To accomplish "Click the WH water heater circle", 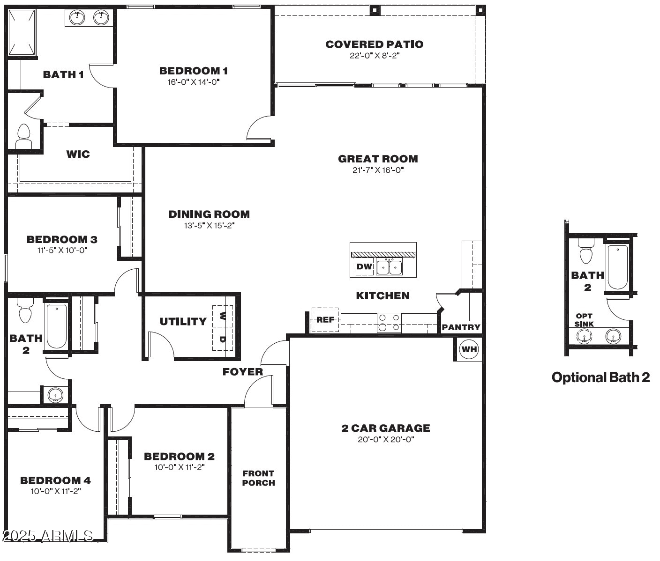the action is point(469,349).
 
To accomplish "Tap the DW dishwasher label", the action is point(364,266).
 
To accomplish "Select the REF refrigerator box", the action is point(325,319).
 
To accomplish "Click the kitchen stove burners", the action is point(389,323).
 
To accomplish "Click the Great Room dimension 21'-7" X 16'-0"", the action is point(378,170).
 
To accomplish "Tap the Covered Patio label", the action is point(375,44).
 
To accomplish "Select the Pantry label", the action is point(461,327).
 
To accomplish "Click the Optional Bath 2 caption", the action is point(600,377).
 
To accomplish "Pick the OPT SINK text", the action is point(584,320).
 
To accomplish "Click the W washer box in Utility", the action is point(223,316).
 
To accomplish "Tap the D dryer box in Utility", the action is point(223,340).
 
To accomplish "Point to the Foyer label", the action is point(243,371).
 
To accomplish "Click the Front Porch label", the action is point(258,478).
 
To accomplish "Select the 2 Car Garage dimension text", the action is point(386,439).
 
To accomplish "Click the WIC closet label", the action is point(78,154).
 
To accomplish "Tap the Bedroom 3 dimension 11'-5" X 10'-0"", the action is point(62,250).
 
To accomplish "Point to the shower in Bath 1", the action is point(22,32).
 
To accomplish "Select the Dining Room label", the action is point(209,214).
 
